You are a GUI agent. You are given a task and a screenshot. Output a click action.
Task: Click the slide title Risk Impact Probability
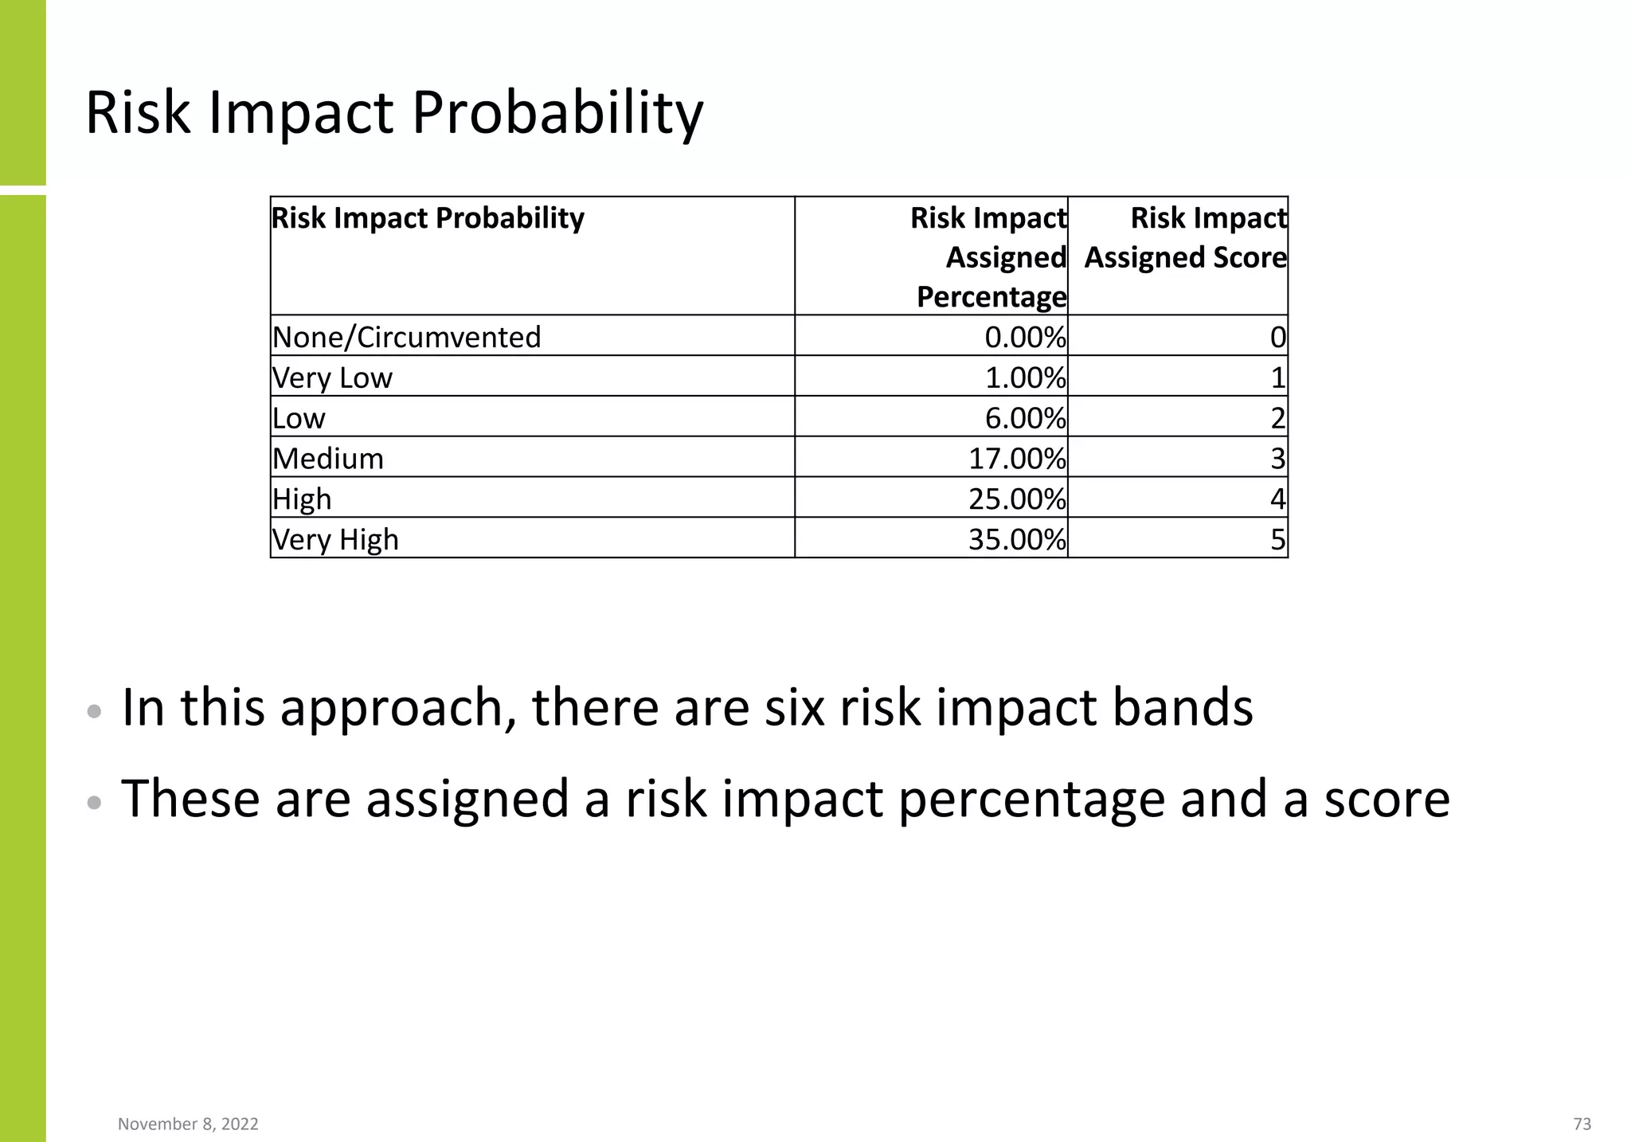[x=394, y=113]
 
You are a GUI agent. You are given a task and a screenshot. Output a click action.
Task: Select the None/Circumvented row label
[x=406, y=337]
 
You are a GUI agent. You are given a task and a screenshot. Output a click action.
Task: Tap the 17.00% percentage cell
[x=1016, y=459]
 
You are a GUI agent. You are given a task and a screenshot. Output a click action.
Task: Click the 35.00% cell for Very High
[x=1016, y=539]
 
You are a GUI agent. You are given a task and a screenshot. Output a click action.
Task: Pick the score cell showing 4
[x=1277, y=499]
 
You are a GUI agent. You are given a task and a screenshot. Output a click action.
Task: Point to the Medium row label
[x=328, y=459]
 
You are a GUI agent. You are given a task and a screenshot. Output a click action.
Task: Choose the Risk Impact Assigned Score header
[x=1185, y=238]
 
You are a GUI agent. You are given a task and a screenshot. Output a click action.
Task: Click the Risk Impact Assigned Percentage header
[x=990, y=256]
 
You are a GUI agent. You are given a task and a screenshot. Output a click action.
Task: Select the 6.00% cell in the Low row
[x=1025, y=418]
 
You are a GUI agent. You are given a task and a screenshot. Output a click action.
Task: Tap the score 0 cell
[x=1277, y=338]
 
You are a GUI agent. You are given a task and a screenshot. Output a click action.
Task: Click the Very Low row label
[x=332, y=377]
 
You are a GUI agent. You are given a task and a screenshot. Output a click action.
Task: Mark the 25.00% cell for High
[x=1016, y=499]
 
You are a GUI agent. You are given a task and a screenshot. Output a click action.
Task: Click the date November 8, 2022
[x=188, y=1124]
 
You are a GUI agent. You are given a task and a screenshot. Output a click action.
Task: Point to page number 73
[x=1582, y=1124]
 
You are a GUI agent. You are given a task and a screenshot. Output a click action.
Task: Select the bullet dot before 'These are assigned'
[x=94, y=803]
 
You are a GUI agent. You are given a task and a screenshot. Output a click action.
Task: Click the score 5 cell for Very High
[x=1277, y=540]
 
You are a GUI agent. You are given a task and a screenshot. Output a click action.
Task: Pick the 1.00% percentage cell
[x=1025, y=377]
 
